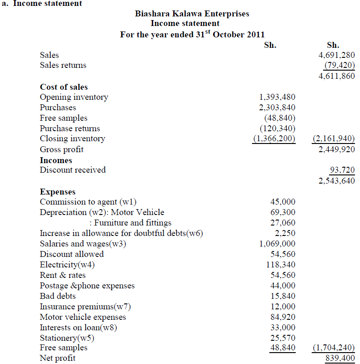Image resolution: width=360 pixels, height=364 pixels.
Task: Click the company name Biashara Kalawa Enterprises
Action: coord(192,14)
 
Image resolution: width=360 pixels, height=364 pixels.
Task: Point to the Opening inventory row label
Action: coord(74,97)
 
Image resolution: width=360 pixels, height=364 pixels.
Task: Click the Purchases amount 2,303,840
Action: coord(277,108)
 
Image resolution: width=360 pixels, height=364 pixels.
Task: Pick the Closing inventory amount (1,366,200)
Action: coord(274,138)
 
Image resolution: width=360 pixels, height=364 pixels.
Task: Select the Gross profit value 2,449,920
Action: coord(336,149)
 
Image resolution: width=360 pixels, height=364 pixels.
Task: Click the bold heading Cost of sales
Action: coord(64,87)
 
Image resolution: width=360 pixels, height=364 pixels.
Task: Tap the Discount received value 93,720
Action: coord(342,170)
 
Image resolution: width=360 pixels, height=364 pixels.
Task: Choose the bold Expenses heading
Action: coord(58,192)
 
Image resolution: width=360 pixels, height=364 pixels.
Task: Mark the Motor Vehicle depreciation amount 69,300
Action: coord(283,212)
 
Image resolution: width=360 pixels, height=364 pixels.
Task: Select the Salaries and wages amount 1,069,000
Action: coord(277,244)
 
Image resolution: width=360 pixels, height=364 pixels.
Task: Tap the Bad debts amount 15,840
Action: coord(283,296)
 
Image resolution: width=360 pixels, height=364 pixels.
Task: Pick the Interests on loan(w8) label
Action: coord(79,328)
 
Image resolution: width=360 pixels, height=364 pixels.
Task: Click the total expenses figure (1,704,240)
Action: coord(334,348)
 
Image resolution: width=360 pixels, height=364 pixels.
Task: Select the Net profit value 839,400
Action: coord(340,359)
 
